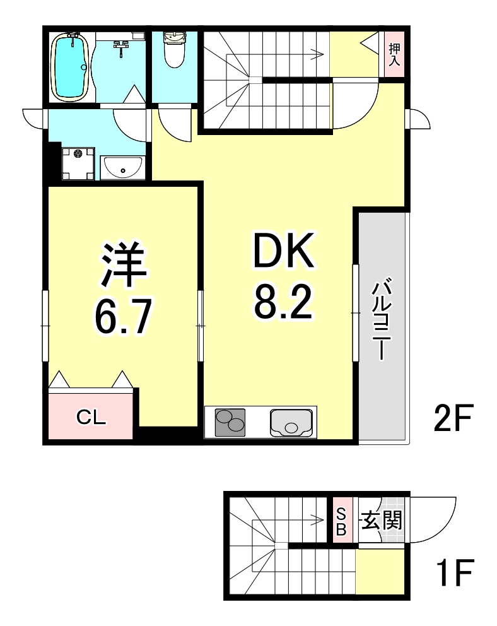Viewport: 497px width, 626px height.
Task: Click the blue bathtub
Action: click(69, 66)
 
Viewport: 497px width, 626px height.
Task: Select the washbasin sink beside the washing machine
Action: click(123, 168)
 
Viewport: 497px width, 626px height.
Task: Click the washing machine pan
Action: click(78, 163)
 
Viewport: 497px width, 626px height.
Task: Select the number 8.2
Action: click(283, 305)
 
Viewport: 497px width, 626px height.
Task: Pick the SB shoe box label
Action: click(341, 521)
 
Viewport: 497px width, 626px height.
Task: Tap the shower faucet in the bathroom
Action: click(122, 44)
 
